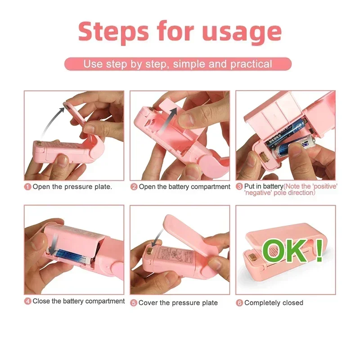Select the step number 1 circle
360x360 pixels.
27,187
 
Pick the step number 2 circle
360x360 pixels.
134,187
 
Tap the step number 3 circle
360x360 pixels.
239,186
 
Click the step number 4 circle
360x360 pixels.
27,301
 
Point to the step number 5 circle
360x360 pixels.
134,303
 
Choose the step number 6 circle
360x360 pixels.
239,303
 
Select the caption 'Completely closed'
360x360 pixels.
274,303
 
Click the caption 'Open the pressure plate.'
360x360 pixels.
72,187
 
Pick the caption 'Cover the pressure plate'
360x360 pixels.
178,303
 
